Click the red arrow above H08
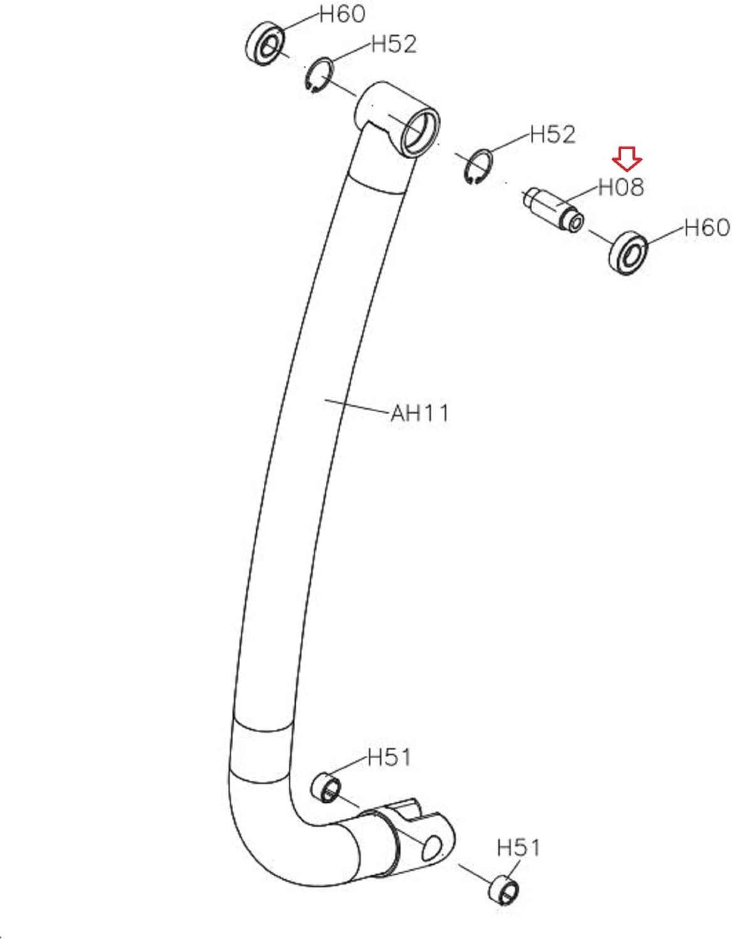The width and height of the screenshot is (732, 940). [x=627, y=159]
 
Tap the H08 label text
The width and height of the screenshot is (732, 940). [x=621, y=188]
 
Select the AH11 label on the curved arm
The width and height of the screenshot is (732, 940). [x=420, y=413]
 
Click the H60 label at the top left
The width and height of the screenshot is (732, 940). [x=342, y=14]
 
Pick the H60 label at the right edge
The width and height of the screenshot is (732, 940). [x=707, y=227]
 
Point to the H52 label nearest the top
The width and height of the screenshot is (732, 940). [x=394, y=44]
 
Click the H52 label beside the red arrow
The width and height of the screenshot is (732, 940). [x=553, y=135]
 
